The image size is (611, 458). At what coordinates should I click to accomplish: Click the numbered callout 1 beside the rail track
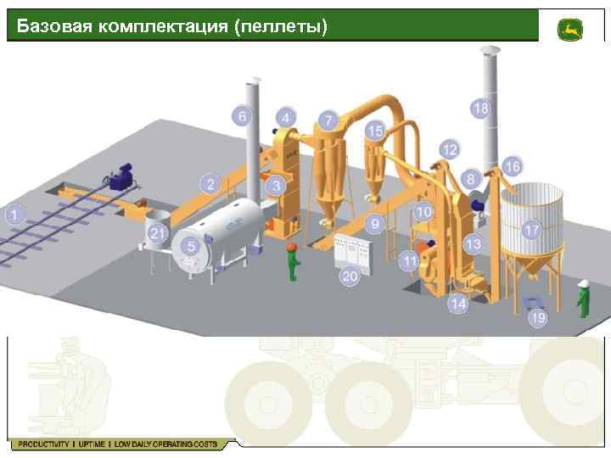14,214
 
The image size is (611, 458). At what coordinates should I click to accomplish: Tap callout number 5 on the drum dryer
192,247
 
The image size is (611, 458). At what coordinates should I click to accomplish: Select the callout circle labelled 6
243,116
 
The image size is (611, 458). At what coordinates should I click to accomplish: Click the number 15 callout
375,131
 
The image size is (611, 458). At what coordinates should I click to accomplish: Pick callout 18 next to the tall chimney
480,109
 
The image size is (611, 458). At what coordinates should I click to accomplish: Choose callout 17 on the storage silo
531,230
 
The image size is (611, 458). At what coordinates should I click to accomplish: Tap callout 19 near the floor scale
538,318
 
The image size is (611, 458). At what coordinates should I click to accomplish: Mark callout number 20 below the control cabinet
350,276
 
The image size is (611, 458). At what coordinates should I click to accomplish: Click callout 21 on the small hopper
157,233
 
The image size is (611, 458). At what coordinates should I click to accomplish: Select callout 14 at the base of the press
458,303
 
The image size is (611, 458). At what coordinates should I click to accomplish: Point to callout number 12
449,150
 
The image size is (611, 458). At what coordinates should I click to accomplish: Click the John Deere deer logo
569,30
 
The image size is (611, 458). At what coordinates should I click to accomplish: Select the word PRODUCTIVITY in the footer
42,444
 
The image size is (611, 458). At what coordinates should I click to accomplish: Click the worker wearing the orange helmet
293,260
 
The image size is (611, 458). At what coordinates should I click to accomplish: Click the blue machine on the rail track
124,176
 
